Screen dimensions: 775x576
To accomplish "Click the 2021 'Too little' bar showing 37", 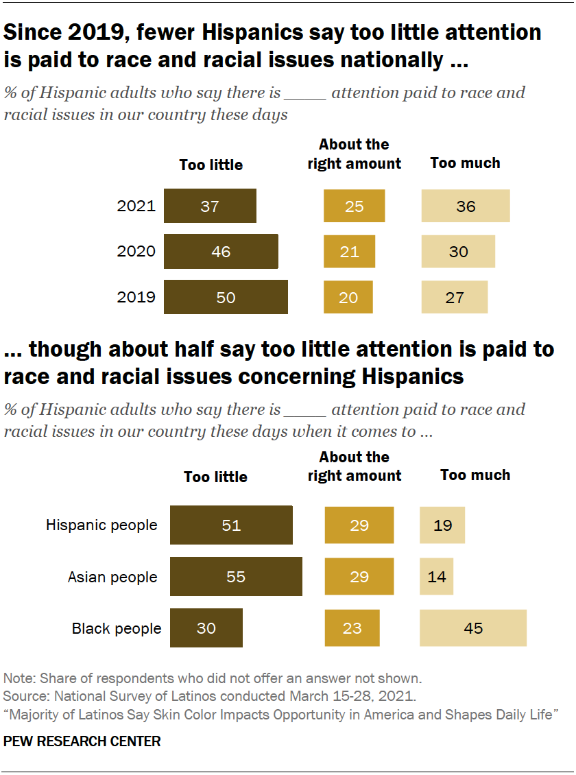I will [210, 206].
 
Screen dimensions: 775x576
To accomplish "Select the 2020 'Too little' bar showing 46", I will [221, 252].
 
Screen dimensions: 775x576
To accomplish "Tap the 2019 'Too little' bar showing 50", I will [226, 297].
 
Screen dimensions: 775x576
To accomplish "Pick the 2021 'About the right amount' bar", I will [354, 206].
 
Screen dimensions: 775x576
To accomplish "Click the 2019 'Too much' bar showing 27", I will [454, 297].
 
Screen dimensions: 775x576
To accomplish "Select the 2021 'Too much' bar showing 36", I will [465, 206].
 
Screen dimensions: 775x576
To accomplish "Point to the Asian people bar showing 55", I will [236, 577].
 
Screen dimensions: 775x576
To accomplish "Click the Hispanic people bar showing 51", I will [231, 525].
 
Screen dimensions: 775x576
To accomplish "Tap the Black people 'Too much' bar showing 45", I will [473, 628].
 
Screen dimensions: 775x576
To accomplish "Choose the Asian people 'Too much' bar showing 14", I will [436, 577].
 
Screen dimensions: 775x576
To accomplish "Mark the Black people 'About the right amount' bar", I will [352, 628].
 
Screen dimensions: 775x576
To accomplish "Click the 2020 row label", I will [136, 252].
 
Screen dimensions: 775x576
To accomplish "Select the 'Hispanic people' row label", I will [101, 525].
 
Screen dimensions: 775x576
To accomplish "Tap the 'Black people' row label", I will [117, 628].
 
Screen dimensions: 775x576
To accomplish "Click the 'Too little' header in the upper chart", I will [211, 165].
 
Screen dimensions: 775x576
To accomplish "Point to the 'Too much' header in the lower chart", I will [475, 475].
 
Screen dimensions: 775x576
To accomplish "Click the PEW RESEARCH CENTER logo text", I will [82, 741].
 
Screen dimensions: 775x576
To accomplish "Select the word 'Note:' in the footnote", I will [20, 678].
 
